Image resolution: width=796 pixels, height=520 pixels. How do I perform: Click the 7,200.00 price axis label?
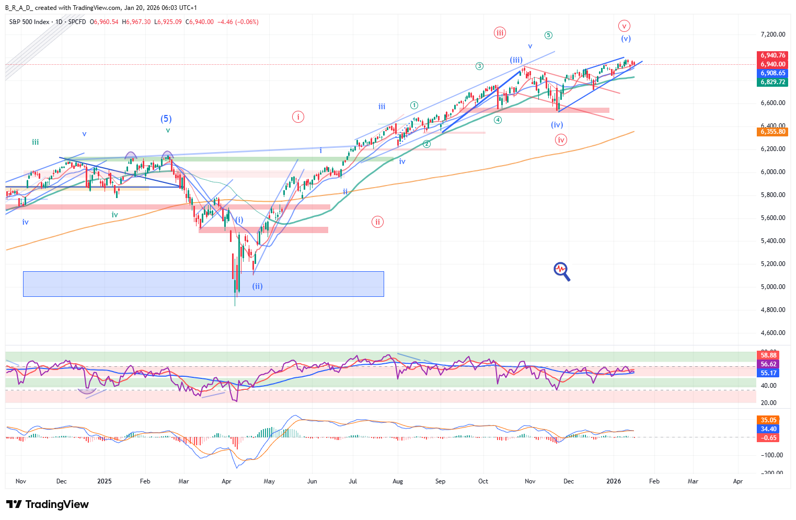[772, 34]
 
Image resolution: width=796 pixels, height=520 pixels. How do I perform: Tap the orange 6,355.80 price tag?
[773, 132]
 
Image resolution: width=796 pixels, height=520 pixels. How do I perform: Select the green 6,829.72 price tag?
[773, 82]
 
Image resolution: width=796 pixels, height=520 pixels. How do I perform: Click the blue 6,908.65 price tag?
[773, 73]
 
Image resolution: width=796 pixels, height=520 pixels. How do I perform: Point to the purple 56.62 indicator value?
[768, 364]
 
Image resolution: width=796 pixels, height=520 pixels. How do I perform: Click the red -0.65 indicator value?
[768, 438]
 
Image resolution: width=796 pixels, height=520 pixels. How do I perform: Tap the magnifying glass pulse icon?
[561, 271]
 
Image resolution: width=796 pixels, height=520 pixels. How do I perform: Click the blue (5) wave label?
[166, 119]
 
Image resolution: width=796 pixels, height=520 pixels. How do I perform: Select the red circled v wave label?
[624, 26]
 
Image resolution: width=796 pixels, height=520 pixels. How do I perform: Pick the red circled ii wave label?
[377, 222]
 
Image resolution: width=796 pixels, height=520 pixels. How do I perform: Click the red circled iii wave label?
[500, 33]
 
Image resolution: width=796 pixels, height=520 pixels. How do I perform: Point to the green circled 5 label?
[548, 36]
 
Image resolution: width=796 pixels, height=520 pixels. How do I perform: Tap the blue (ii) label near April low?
[257, 286]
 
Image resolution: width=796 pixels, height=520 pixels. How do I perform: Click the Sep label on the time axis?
[440, 481]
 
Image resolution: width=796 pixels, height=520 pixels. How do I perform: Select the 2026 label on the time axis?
[614, 481]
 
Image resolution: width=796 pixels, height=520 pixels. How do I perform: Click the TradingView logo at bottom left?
[48, 504]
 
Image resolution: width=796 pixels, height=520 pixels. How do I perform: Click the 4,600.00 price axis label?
[772, 333]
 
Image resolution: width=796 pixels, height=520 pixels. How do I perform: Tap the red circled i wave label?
[298, 117]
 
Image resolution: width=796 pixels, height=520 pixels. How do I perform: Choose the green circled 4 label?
[498, 120]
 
